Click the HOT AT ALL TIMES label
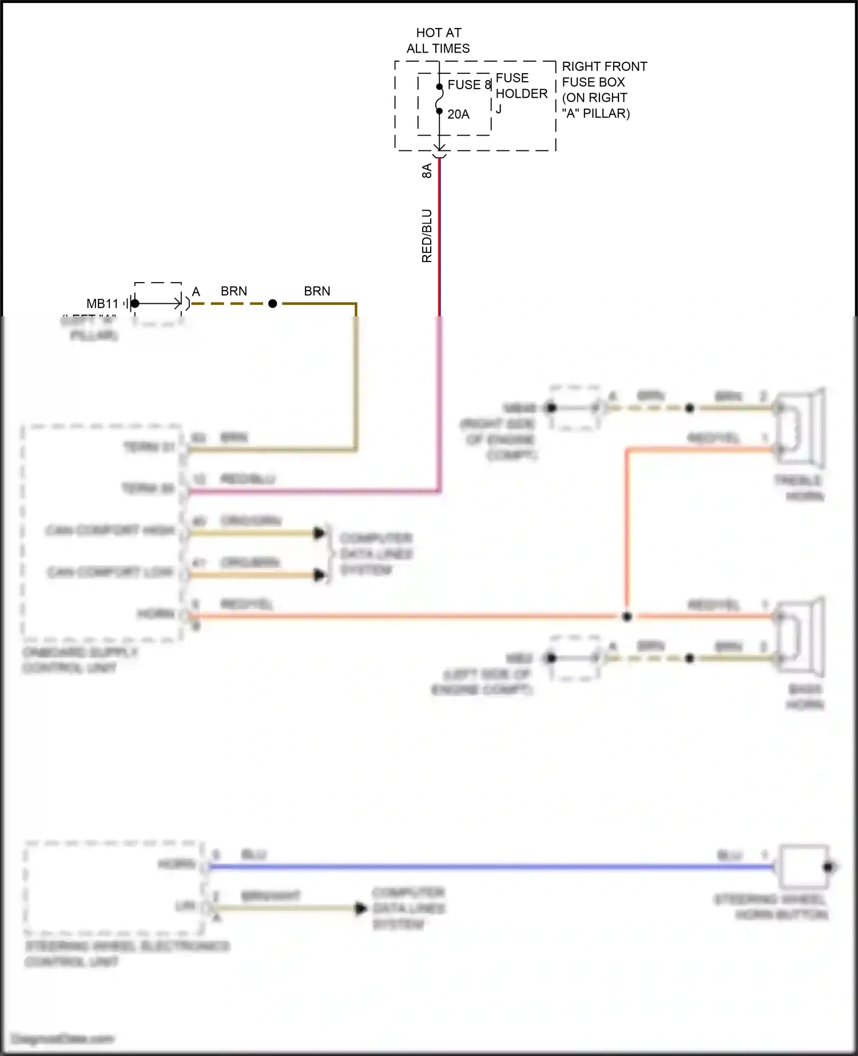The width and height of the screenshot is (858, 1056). point(438,41)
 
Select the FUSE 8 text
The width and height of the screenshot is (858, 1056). point(469,85)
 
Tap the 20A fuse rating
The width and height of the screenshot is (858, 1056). point(458,114)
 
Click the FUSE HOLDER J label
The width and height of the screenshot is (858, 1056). point(521,93)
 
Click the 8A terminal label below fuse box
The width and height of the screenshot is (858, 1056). point(427,170)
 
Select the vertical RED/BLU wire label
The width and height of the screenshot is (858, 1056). point(427,236)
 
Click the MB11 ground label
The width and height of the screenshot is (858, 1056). point(102,304)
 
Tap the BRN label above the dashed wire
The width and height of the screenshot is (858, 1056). point(234,291)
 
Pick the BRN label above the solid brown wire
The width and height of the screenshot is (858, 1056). point(317,291)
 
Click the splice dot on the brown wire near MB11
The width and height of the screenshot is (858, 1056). point(273,304)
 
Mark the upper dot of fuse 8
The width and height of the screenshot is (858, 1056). point(439,87)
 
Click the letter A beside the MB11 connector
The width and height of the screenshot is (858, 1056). point(196,292)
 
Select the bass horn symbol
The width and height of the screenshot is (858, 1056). point(801,637)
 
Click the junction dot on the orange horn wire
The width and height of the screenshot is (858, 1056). point(627,617)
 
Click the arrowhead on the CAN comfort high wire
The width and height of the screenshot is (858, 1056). point(319,533)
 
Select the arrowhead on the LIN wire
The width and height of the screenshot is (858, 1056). point(361,908)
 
